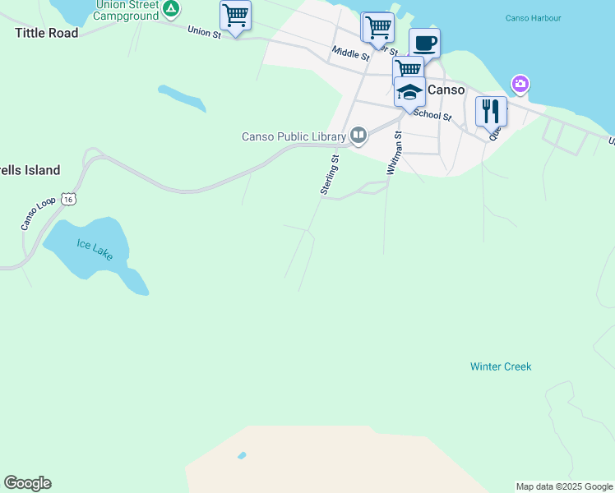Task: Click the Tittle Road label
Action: point(47,33)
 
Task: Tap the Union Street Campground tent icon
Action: point(171,10)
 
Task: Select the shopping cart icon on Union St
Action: point(236,15)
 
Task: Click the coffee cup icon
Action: point(424,42)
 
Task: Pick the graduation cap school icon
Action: point(409,91)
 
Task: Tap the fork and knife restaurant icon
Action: point(491,110)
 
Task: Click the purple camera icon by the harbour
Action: point(520,84)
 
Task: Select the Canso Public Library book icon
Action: point(358,136)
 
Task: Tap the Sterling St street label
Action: point(331,174)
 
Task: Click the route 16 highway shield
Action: point(70,199)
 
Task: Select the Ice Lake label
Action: point(95,250)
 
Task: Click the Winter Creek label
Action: point(501,366)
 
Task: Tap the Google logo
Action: point(27,483)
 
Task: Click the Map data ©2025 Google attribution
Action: point(564,486)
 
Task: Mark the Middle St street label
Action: point(351,53)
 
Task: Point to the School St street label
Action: point(432,114)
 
